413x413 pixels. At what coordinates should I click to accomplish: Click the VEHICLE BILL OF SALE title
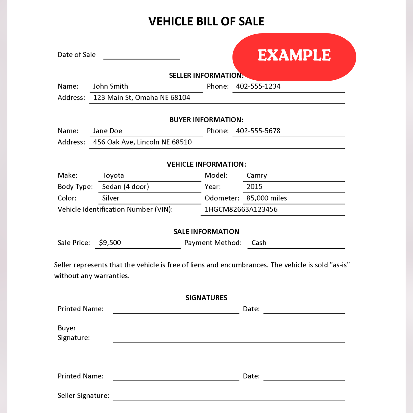206,21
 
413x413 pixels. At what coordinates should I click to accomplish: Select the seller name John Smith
111,86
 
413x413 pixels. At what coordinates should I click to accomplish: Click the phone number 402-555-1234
258,86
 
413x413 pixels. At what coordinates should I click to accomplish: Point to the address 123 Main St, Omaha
142,98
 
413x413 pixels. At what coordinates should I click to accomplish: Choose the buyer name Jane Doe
108,131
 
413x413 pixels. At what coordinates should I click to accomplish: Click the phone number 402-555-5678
258,131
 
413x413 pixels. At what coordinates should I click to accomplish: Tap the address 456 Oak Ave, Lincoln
142,142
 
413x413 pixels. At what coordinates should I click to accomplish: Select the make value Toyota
113,175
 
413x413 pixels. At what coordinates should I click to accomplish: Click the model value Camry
257,175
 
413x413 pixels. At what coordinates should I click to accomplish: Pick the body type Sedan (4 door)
125,187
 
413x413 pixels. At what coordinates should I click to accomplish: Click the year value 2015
254,187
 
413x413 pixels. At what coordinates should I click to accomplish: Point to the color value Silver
111,198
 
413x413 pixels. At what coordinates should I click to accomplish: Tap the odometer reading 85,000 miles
267,198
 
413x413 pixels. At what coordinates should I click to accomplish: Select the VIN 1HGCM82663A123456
241,210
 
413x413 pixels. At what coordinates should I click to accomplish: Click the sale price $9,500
110,243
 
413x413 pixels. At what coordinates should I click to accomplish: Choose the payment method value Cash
259,243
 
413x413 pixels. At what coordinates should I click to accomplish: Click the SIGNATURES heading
206,298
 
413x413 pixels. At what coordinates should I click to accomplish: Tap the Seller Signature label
83,396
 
